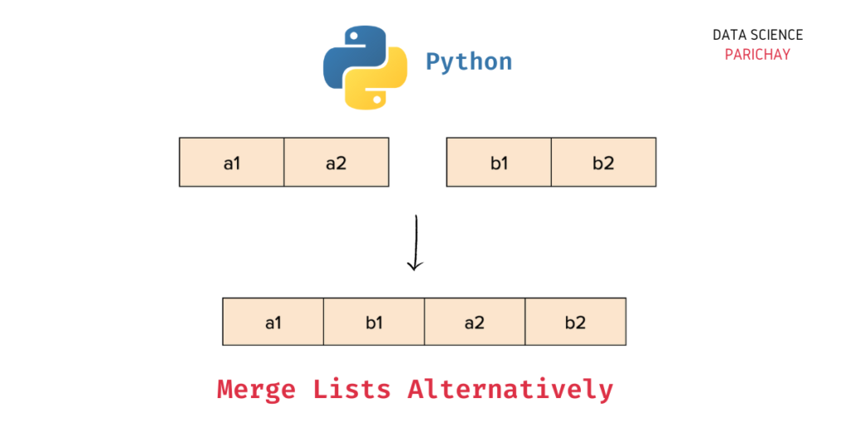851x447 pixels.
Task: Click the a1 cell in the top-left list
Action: [232, 162]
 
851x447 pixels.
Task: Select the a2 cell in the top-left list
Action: [336, 162]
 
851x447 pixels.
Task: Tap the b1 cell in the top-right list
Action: [499, 162]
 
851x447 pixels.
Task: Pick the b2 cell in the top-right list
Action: [603, 162]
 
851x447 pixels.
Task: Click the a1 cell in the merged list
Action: [273, 322]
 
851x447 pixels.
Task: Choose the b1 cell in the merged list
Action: [374, 322]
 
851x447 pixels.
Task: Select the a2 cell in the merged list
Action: [475, 322]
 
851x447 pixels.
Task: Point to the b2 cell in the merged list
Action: [575, 322]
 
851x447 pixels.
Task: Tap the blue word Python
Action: [469, 61]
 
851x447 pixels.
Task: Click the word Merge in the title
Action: [257, 389]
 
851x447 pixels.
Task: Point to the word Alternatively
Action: [510, 389]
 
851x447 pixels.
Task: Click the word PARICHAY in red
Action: [757, 55]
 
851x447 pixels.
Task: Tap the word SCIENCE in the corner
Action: [775, 35]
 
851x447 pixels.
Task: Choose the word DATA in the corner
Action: [728, 35]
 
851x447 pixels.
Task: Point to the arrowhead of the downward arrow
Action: [416, 265]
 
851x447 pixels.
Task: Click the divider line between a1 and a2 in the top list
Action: [284, 162]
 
